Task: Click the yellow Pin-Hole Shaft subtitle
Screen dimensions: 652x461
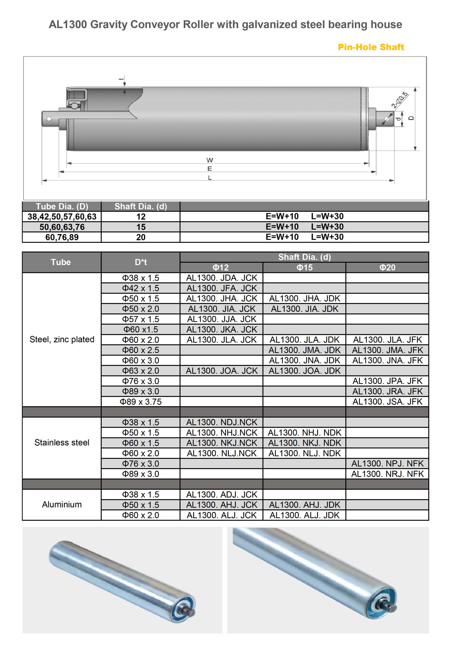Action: (371, 47)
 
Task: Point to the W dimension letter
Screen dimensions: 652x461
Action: (210, 160)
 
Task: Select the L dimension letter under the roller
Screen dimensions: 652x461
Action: (210, 178)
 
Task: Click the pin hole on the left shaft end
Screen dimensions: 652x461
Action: (49, 118)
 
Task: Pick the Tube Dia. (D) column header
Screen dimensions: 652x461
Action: (62, 207)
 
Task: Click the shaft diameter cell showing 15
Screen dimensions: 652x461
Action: (141, 227)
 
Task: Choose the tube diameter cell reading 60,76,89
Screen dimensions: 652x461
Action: (62, 237)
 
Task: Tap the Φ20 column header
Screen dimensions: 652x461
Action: (387, 267)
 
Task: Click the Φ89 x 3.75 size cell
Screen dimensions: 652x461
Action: (141, 402)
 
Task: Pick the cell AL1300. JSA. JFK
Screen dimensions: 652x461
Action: (387, 402)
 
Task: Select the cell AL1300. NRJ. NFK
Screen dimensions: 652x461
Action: (387, 474)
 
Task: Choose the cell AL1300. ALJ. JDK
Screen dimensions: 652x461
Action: (305, 515)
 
